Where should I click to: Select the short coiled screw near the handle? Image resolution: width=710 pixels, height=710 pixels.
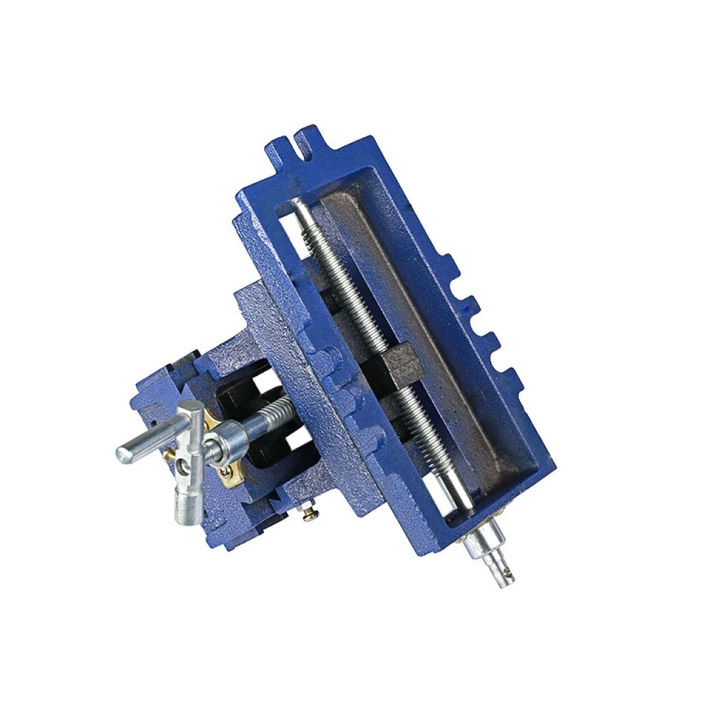(273, 412)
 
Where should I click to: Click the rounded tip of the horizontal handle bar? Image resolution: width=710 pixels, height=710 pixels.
(125, 452)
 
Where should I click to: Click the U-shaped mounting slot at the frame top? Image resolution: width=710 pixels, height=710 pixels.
(299, 143)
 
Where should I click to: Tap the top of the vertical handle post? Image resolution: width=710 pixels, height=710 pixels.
(190, 410)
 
